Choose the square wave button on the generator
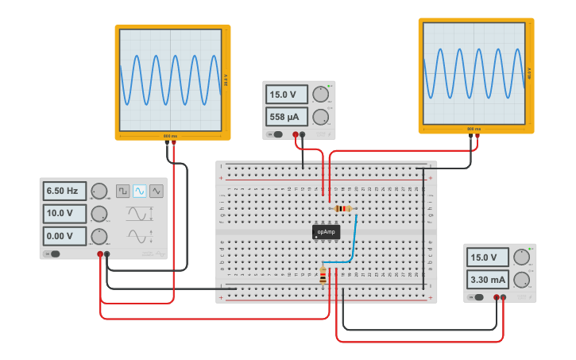click(x=123, y=191)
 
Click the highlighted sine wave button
click(x=140, y=191)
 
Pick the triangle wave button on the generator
click(x=157, y=191)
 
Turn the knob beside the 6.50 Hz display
click(x=99, y=191)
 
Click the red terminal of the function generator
click(x=100, y=254)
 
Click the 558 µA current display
click(x=286, y=117)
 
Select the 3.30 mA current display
click(x=487, y=280)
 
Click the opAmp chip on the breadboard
click(x=326, y=232)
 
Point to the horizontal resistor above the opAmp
click(x=342, y=209)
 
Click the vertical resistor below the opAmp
click(x=323, y=276)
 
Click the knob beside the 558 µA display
click(x=320, y=117)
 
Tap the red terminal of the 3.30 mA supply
click(x=497, y=298)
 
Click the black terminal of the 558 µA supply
click(x=303, y=134)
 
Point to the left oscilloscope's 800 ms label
click(x=171, y=136)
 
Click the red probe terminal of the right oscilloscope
click(x=477, y=136)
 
